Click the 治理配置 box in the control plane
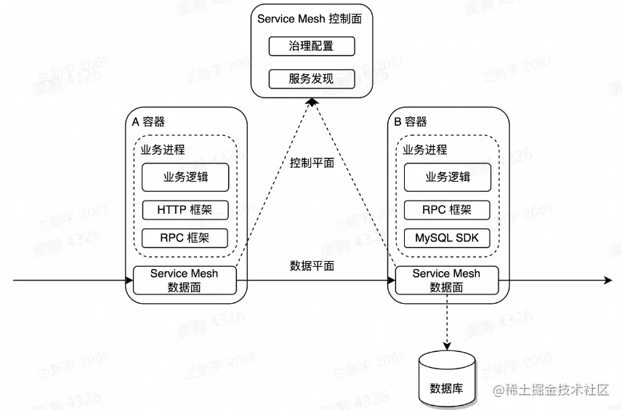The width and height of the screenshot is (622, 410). click(x=311, y=47)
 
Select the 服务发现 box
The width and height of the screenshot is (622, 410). click(x=311, y=79)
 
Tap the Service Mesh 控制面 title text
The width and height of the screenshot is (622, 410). click(x=312, y=18)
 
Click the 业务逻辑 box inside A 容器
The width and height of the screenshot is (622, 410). click(x=185, y=177)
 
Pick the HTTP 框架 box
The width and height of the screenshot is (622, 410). click(x=185, y=210)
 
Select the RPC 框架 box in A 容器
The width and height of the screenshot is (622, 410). click(x=185, y=238)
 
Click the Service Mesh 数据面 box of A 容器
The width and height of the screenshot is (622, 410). click(x=185, y=281)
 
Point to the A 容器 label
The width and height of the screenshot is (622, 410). click(x=148, y=122)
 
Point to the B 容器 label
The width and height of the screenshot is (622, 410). click(x=411, y=122)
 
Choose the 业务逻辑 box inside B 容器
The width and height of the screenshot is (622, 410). click(x=447, y=177)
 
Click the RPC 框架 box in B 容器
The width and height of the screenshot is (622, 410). click(x=447, y=210)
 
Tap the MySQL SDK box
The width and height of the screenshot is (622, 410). click(x=447, y=238)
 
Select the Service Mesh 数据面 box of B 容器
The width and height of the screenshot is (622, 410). click(x=447, y=281)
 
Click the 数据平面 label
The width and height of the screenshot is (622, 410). click(x=312, y=266)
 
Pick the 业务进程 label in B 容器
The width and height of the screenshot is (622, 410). click(x=425, y=150)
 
